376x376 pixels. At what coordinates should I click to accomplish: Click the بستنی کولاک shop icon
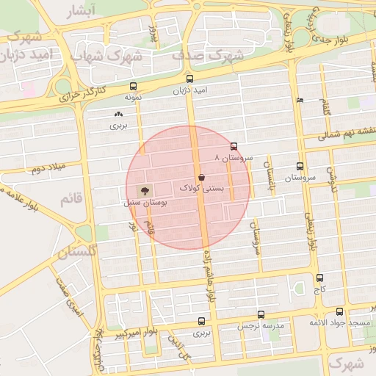tap(202, 177)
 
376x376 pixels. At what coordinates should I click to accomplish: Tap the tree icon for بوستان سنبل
tap(143, 190)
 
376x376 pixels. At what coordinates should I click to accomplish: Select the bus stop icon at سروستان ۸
tap(234, 146)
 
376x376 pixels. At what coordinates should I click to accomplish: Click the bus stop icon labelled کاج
tap(319, 278)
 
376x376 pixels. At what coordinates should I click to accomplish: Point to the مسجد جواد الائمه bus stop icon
tap(339, 312)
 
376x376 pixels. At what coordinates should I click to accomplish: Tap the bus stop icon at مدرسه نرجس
tap(240, 314)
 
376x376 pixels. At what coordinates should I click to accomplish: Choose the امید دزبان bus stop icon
tap(190, 79)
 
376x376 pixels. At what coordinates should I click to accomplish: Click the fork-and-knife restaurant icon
tap(298, 100)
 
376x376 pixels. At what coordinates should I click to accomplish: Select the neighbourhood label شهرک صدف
tap(206, 54)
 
